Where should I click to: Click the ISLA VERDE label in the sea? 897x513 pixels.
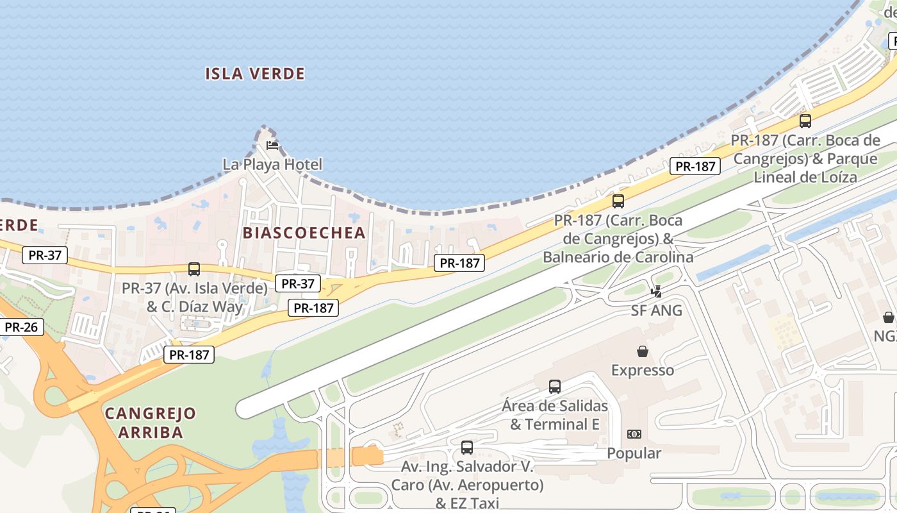pyautogui.click(x=255, y=74)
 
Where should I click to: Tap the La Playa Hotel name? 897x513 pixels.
pyautogui.click(x=272, y=164)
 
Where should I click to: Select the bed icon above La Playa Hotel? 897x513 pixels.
pyautogui.click(x=272, y=146)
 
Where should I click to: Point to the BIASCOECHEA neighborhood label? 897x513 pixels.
pyautogui.click(x=304, y=233)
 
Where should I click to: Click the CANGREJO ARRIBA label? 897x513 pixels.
pyautogui.click(x=151, y=422)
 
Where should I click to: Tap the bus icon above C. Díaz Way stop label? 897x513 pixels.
pyautogui.click(x=194, y=269)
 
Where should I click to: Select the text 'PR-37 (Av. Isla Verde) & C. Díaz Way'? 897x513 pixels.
pyautogui.click(x=195, y=298)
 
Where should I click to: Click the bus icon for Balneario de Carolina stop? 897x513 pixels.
pyautogui.click(x=618, y=201)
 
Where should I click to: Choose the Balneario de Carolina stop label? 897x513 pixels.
pyautogui.click(x=618, y=239)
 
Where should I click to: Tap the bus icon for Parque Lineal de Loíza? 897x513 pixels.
pyautogui.click(x=805, y=121)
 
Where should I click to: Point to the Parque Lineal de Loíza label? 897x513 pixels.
pyautogui.click(x=805, y=158)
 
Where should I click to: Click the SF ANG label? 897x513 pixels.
pyautogui.click(x=657, y=311)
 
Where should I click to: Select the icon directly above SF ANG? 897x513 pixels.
pyautogui.click(x=656, y=292)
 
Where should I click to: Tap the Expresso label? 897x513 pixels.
pyautogui.click(x=643, y=370)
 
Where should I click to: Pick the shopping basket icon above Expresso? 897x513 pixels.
pyautogui.click(x=643, y=351)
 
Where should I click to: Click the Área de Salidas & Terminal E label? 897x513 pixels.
pyautogui.click(x=555, y=415)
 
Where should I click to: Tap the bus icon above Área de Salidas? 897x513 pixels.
pyautogui.click(x=555, y=387)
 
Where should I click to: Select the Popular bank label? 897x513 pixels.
pyautogui.click(x=634, y=453)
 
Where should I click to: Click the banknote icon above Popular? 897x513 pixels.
pyautogui.click(x=634, y=434)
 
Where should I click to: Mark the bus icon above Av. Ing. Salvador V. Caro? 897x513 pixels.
pyautogui.click(x=467, y=448)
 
